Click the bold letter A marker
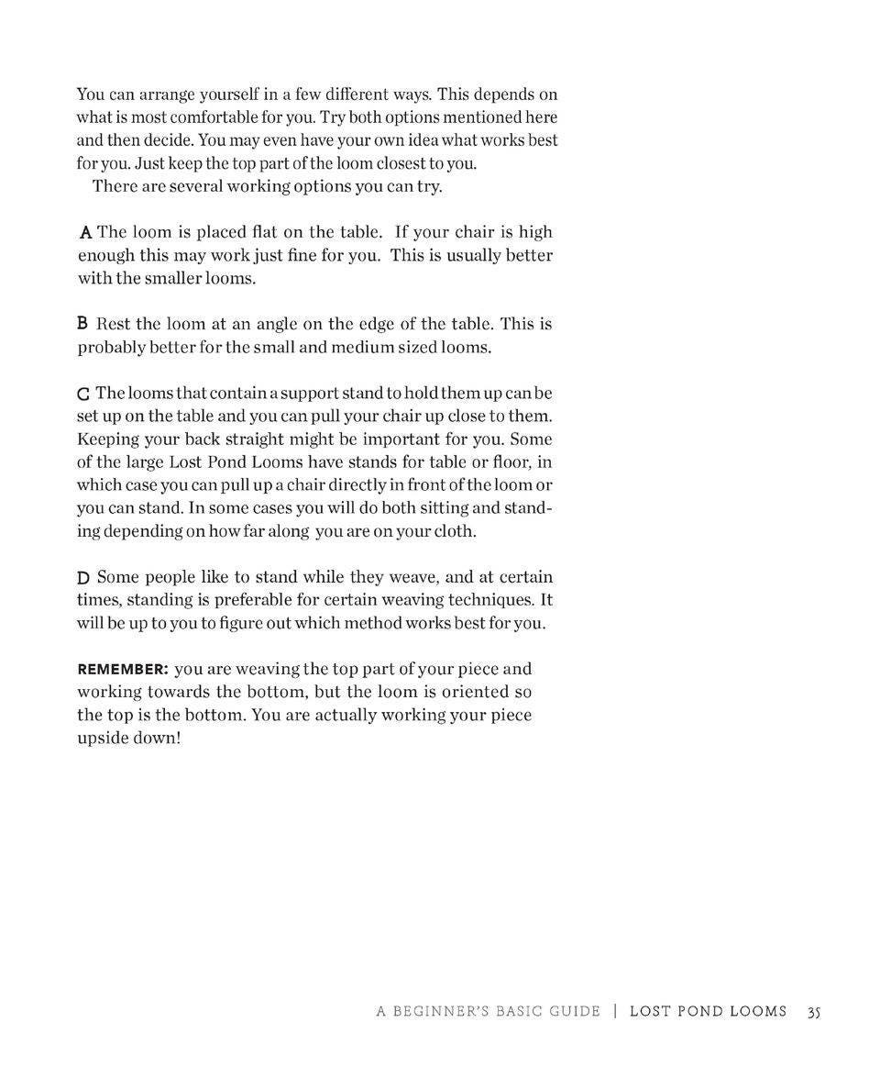[85, 232]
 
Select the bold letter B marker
[82, 324]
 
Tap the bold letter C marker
[83, 395]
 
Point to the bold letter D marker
[83, 578]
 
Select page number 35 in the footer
[814, 1012]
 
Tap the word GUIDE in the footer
[575, 1012]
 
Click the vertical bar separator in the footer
[615, 1012]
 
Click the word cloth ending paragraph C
[454, 531]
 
